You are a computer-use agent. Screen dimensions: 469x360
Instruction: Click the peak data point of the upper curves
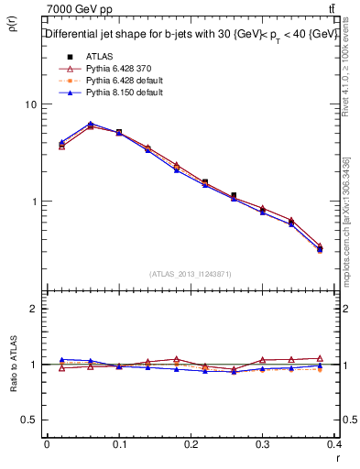90,124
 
